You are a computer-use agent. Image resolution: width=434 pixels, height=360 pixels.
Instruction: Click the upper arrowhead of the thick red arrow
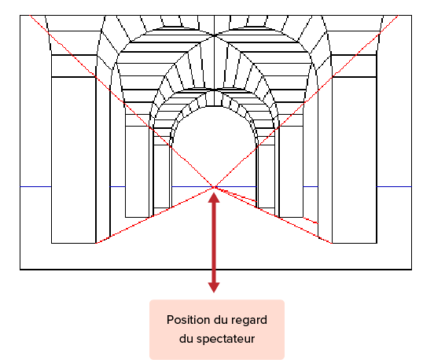pos(214,197)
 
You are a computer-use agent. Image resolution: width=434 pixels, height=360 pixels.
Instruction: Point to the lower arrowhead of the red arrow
pos(214,288)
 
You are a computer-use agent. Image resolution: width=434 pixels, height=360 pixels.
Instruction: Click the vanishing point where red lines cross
pos(214,187)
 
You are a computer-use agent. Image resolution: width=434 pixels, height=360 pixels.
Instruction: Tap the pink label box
pos(217,329)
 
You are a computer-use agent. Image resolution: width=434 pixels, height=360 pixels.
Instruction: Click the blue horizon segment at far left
pos(35,187)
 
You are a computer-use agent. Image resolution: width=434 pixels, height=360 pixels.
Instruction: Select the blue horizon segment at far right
pos(394,187)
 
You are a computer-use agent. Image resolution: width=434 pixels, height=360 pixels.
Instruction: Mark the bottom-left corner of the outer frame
pos(20,270)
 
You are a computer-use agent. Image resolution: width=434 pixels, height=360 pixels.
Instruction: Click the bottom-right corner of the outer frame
pos(411,270)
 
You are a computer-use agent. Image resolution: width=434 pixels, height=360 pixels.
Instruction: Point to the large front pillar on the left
pos(74,160)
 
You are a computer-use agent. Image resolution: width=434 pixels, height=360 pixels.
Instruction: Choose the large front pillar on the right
pos(355,160)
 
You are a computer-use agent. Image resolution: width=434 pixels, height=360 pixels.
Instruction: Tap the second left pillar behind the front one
pos(137,171)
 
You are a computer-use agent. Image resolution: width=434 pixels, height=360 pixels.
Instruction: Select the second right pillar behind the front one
pos(291,171)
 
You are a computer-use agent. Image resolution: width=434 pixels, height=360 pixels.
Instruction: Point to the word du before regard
pos(221,320)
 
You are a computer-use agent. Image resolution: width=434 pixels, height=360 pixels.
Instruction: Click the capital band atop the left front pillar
pos(74,66)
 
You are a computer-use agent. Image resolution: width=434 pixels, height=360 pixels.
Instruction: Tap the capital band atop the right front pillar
pos(355,66)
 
